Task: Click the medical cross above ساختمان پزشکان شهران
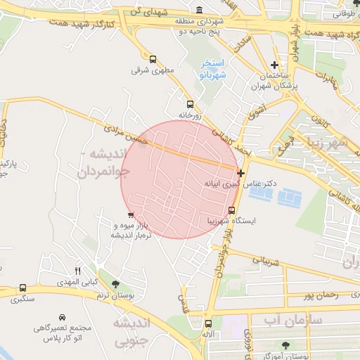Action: [275, 65]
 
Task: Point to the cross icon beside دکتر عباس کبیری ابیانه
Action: [241, 172]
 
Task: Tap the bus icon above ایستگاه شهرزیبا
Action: [232, 210]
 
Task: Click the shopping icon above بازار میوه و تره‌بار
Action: [130, 214]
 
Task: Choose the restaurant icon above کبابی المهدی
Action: [78, 270]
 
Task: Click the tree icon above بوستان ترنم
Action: [116, 283]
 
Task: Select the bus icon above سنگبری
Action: [23, 288]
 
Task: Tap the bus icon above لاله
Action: [208, 324]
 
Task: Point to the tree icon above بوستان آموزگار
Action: [285, 345]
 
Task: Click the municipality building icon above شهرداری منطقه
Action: [200, 10]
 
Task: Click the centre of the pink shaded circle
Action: [179, 179]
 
